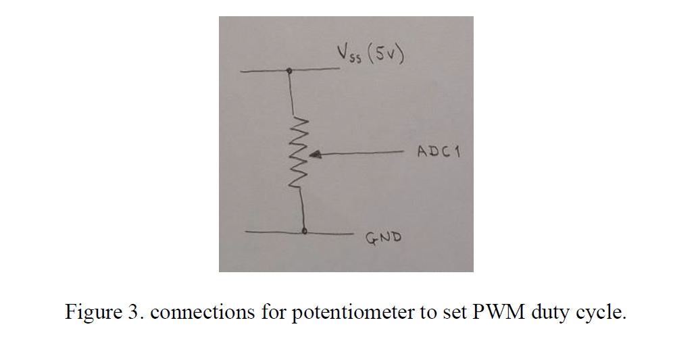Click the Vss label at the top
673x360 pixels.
(349, 53)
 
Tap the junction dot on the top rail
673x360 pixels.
(290, 70)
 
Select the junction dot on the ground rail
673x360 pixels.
(305, 232)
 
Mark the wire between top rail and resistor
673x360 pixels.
(292, 95)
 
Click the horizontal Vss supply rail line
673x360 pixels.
(264, 70)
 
